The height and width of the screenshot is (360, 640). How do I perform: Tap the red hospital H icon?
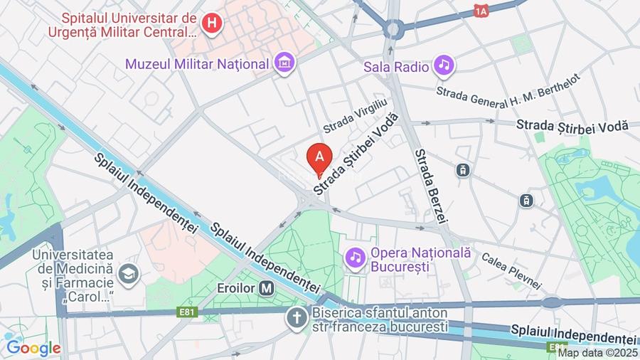coord(211,23)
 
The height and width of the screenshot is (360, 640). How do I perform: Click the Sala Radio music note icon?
coord(444,66)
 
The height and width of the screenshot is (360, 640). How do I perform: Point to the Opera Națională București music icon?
coord(354,257)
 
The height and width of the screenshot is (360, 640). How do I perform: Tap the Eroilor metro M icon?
coord(267,289)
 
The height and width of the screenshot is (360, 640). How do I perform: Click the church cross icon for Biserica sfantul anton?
coord(297,317)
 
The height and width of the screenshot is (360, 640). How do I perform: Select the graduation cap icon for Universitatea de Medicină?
coord(129,273)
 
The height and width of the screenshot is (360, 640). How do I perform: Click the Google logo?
coord(33,348)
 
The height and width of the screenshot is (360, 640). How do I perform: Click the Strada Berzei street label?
coord(430,185)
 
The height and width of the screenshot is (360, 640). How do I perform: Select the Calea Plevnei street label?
coord(511,271)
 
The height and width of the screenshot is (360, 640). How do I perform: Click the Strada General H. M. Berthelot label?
coord(508,86)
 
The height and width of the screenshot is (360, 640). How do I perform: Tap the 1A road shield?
coord(481,11)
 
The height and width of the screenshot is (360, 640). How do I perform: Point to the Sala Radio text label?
coord(396,67)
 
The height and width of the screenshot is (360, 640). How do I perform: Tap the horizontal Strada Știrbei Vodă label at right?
coord(572,125)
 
